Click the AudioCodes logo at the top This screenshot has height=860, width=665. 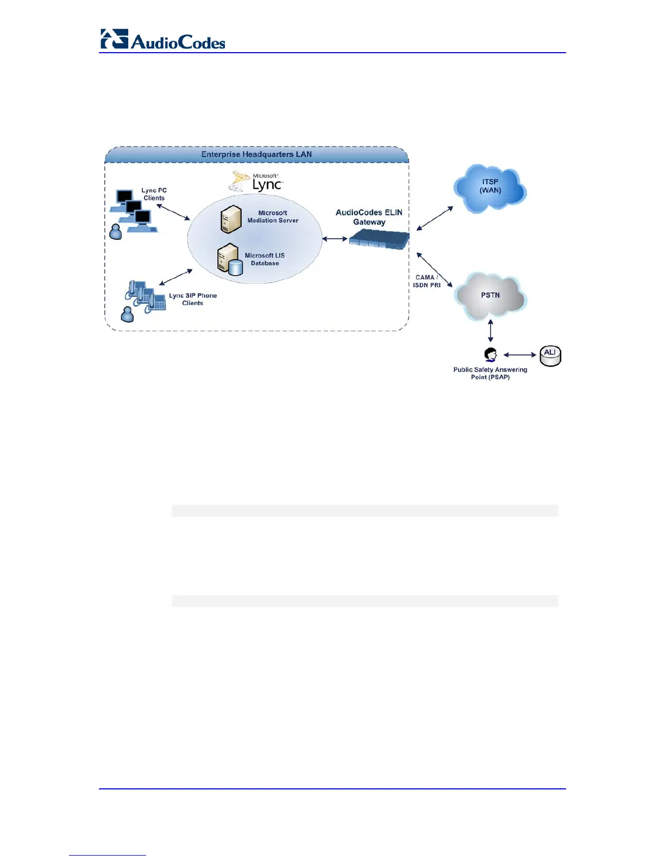point(163,40)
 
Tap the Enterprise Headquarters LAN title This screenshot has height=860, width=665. point(256,154)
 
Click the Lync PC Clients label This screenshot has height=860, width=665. point(154,194)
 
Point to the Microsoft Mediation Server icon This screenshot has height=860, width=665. point(231,219)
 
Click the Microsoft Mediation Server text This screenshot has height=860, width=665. point(273,217)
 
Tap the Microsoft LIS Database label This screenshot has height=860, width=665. point(265,260)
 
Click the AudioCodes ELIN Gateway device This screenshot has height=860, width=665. point(379,239)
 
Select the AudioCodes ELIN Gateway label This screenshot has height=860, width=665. point(369,217)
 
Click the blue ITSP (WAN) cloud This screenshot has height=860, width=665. point(490,187)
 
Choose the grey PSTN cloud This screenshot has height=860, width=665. point(490,296)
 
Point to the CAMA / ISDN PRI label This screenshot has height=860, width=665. point(426,281)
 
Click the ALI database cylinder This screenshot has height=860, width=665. point(550,356)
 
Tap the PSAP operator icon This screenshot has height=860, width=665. point(491,355)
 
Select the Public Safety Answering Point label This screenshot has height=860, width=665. point(490,374)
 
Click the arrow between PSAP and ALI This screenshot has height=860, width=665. point(520,355)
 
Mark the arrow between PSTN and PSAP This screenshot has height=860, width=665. point(491,331)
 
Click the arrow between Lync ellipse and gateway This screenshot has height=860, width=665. point(335,238)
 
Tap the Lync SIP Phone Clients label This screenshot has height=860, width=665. point(193,299)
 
